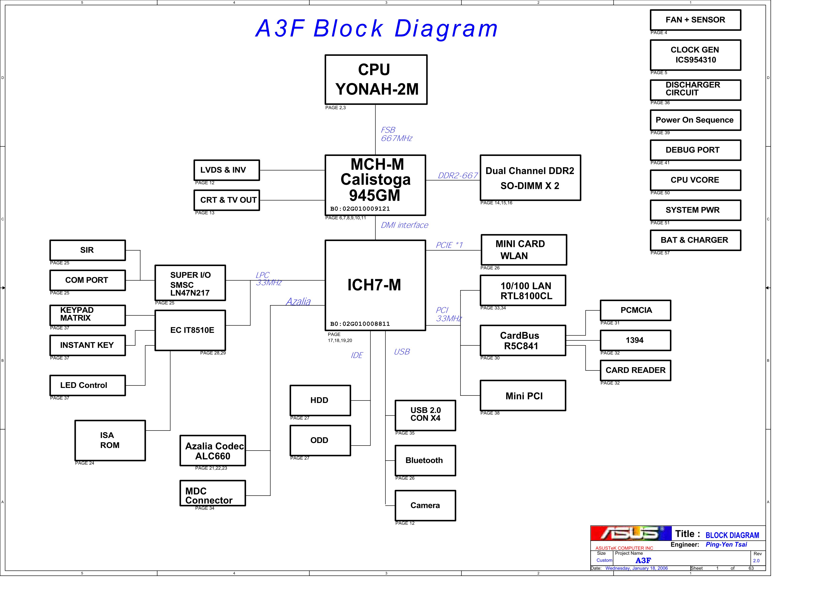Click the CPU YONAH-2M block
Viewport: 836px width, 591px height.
[x=376, y=80]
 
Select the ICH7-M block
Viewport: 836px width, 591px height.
[x=375, y=285]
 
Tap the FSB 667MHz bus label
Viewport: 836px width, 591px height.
[x=396, y=134]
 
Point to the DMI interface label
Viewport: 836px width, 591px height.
[x=404, y=225]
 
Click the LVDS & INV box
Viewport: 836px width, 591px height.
[x=226, y=170]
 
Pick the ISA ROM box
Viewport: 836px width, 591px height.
[x=110, y=440]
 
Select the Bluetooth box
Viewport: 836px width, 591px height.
[x=425, y=461]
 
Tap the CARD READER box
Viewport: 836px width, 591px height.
[x=635, y=370]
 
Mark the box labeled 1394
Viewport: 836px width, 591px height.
[x=635, y=340]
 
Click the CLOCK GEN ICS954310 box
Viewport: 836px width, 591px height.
[x=695, y=55]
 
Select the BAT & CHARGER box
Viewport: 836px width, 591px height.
[x=695, y=240]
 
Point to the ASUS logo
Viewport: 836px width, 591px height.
[x=631, y=534]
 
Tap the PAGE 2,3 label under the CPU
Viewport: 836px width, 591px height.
[x=335, y=108]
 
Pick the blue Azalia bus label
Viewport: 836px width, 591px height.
[x=298, y=302]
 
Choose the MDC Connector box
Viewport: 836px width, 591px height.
[x=213, y=493]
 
